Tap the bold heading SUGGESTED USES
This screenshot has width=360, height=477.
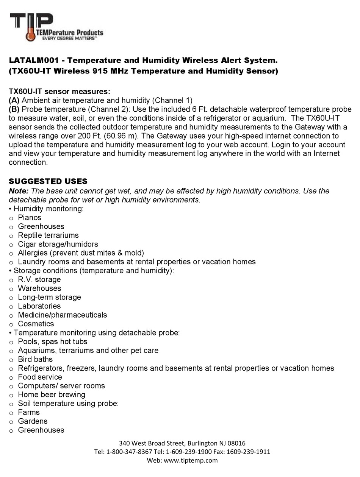pos(48,181)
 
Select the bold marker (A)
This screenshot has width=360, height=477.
pos(14,100)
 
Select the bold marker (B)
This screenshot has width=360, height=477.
pos(14,109)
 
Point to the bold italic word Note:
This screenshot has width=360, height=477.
pos(19,191)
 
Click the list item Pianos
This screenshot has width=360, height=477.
pos(30,218)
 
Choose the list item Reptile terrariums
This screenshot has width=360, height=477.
pos(48,235)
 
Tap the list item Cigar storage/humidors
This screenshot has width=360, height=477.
pos(58,244)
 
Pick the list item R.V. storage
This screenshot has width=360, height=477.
pos(39,279)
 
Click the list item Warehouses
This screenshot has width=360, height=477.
pos(39,288)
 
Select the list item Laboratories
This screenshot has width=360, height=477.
pos(39,306)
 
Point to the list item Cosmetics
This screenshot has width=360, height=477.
pos(36,324)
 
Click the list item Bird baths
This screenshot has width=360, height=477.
pos(35,359)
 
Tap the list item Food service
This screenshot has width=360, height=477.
pos(40,377)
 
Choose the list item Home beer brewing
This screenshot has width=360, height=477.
pos(52,394)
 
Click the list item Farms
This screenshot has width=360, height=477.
pos(29,412)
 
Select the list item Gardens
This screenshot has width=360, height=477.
pos(33,421)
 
